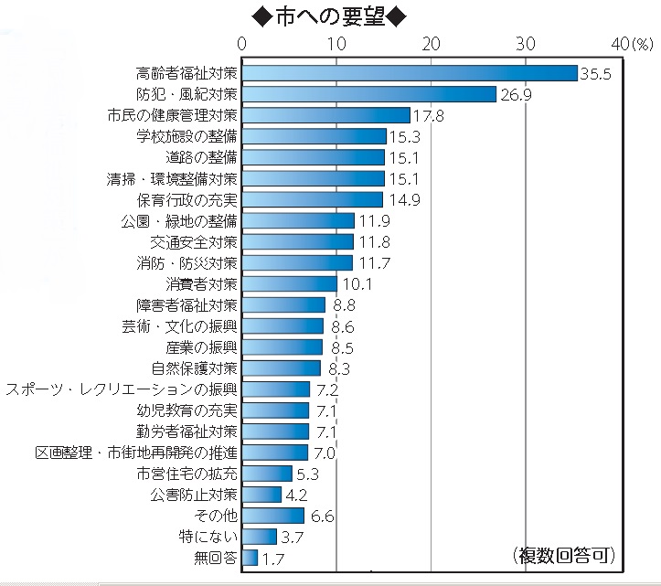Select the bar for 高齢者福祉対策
click(410, 73)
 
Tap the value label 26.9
click(515, 94)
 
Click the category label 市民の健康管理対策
click(172, 115)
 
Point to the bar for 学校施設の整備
click(315, 136)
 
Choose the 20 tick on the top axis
click(431, 44)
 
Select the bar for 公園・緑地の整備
click(299, 220)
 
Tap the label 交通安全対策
click(194, 242)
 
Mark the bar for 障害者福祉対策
click(284, 305)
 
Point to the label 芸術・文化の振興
click(180, 326)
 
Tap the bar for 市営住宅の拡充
click(268, 474)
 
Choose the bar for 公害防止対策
click(262, 495)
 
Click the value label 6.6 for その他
click(322, 516)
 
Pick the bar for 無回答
click(251, 558)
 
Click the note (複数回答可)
click(561, 554)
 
